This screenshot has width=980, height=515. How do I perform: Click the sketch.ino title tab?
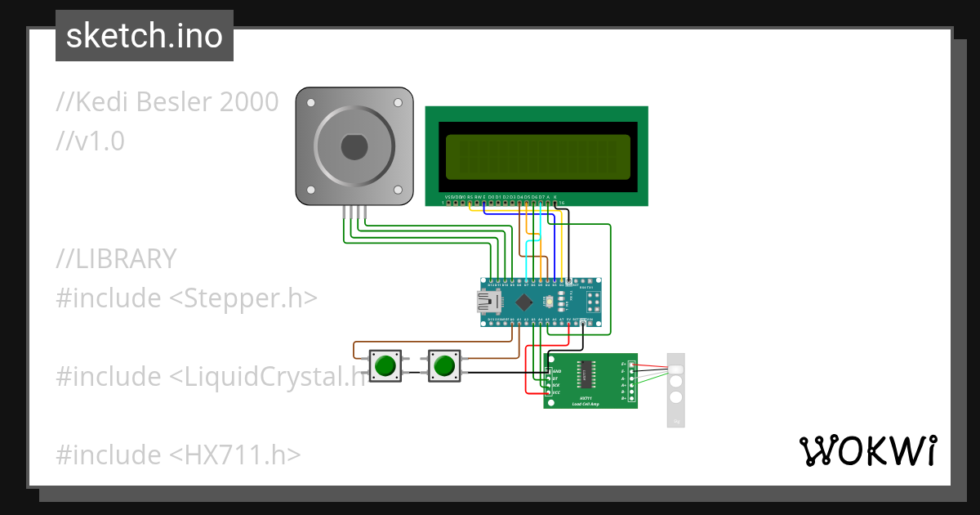coord(145,36)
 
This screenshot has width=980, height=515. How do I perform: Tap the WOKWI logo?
coord(867,450)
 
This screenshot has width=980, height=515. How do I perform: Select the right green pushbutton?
coord(443,365)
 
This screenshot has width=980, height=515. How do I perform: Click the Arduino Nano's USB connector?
coord(492,302)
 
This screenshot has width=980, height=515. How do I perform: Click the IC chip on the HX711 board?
coord(587,374)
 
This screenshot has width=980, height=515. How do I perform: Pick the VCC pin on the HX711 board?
coord(548,393)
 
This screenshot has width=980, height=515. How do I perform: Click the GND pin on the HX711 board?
coord(548,371)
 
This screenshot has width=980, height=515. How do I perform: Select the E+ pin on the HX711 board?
coord(631,364)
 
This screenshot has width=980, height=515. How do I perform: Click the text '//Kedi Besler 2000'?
coord(167,102)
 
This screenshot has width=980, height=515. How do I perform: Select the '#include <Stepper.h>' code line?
coord(186,298)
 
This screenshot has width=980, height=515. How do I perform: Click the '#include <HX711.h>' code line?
coord(178,455)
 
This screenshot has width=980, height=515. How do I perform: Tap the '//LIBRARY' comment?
coord(116,259)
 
